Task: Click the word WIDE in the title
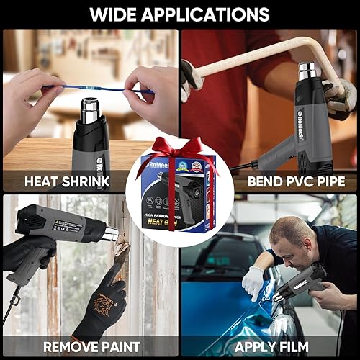117,14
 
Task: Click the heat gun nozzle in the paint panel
109,234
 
